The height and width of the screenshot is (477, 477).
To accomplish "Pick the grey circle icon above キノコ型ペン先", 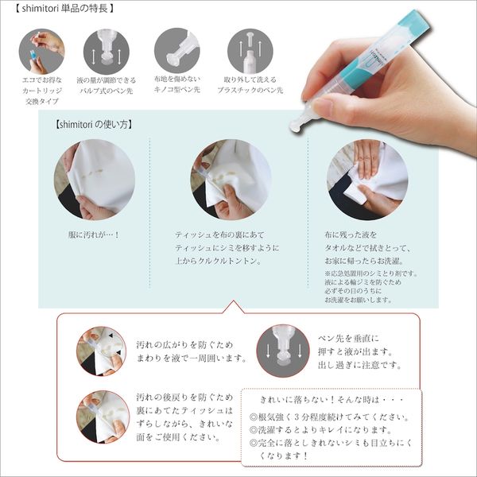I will coord(175,50).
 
